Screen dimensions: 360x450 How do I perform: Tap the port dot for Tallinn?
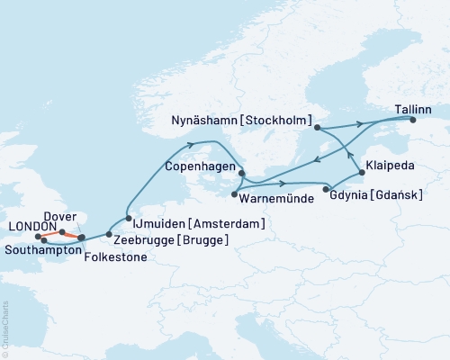coord(413,120)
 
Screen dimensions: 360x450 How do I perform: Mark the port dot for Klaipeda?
coord(362,172)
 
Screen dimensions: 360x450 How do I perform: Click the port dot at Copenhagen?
coord(241,174)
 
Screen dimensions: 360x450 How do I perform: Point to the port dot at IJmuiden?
coord(129,219)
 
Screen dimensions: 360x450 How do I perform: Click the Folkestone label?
coord(112,256)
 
